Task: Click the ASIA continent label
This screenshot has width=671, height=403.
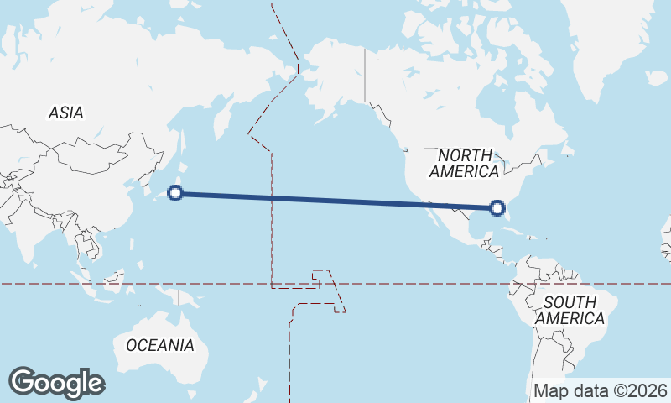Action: [x=65, y=113]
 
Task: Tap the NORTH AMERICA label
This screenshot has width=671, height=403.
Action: [x=464, y=163]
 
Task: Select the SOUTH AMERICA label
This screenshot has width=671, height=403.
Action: [x=570, y=310]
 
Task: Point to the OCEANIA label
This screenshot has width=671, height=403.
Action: [x=159, y=345]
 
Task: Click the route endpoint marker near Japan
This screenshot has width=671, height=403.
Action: [x=175, y=194]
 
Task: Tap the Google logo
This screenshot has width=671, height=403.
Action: [x=56, y=383]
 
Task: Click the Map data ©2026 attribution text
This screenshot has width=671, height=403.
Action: [x=601, y=390]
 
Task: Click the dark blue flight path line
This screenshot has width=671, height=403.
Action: [x=335, y=201]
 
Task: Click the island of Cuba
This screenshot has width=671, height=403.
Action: [x=512, y=228]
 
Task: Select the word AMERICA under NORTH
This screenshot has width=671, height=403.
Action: [x=464, y=171]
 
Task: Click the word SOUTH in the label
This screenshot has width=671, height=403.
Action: [x=570, y=301]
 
